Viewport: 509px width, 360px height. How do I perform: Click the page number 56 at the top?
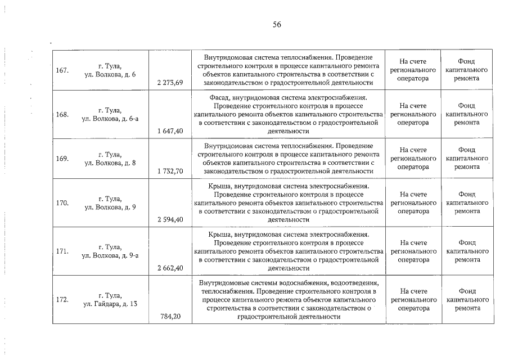[276, 24]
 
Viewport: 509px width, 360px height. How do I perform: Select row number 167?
[63, 70]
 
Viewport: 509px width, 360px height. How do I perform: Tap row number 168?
[63, 114]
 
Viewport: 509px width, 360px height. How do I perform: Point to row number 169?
[63, 158]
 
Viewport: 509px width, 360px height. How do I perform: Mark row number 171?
[63, 251]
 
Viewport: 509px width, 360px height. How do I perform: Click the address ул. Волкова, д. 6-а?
[110, 119]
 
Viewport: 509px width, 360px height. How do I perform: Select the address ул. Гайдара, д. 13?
[110, 304]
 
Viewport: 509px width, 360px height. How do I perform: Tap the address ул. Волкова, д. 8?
[110, 163]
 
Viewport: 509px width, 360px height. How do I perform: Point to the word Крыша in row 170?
[219, 186]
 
